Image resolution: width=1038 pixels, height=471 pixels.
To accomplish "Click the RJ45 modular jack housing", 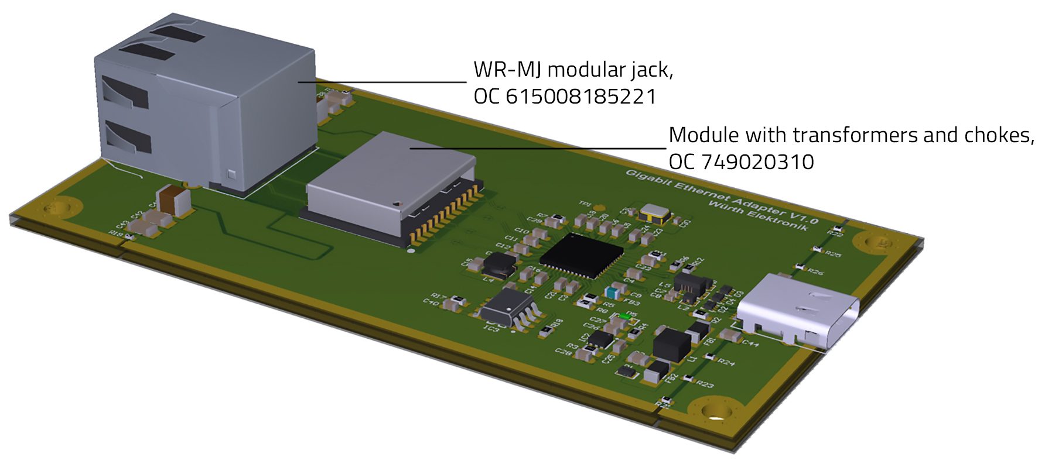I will click(205, 105).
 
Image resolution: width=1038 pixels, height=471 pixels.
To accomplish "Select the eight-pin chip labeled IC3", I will click(508, 309).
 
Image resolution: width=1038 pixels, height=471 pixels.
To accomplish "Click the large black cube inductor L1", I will click(672, 345).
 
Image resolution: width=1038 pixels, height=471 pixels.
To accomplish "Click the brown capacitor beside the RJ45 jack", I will click(174, 200).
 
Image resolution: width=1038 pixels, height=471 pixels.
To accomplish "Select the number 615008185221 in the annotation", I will click(581, 97).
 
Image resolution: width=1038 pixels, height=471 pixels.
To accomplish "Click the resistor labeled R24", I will click(709, 356).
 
